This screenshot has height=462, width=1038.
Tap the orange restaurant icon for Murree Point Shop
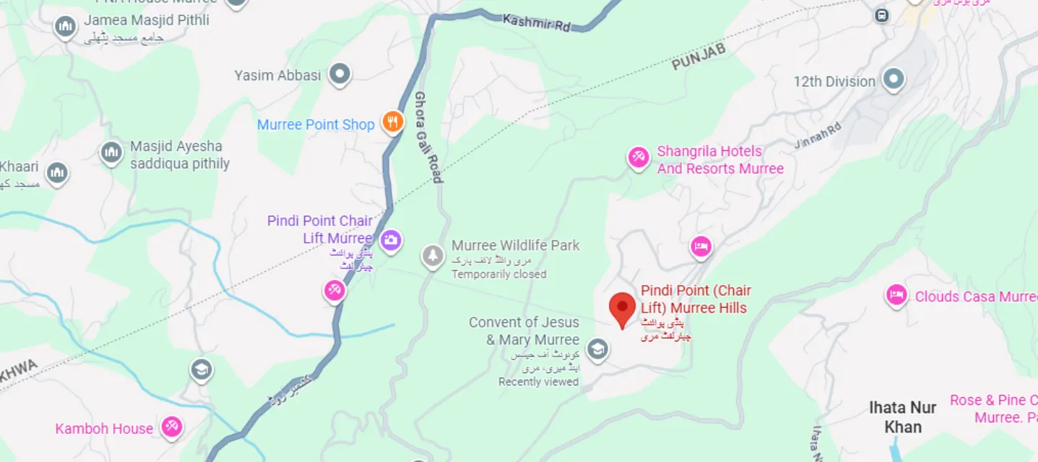click(392, 123)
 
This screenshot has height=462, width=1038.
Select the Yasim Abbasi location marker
click(339, 74)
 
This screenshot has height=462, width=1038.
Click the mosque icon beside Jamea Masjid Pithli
click(66, 27)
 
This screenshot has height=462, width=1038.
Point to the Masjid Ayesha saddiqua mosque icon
click(111, 153)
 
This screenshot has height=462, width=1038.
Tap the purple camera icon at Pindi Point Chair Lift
click(391, 240)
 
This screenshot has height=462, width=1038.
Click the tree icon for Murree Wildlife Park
click(433, 256)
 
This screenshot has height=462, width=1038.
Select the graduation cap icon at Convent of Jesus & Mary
click(597, 350)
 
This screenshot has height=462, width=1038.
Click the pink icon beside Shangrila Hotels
click(638, 157)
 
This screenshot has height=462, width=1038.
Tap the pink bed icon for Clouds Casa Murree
click(896, 295)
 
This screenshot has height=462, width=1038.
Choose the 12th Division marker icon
click(894, 79)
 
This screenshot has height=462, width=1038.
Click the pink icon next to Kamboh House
click(171, 427)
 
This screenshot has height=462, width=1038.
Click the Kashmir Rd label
click(536, 22)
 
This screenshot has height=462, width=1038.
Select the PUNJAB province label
click(699, 57)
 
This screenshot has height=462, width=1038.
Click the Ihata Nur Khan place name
click(903, 417)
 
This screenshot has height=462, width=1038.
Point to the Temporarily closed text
click(498, 274)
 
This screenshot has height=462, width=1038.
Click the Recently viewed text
click(538, 382)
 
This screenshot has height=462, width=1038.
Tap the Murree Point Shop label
click(316, 125)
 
